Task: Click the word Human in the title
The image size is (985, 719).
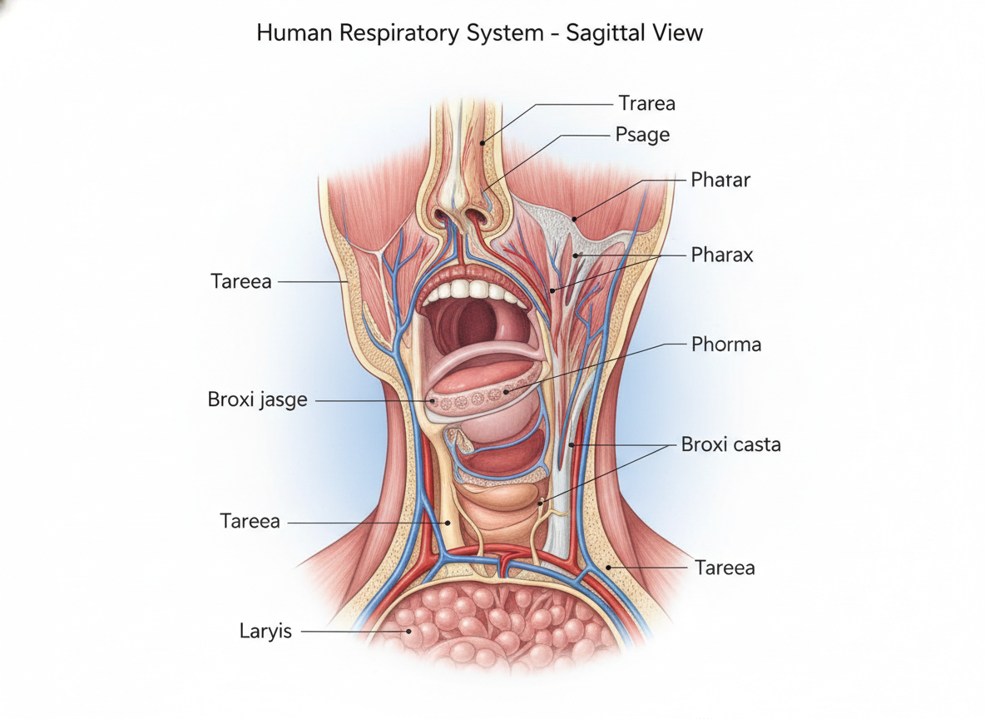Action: (x=294, y=32)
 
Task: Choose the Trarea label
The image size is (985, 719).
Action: (x=646, y=103)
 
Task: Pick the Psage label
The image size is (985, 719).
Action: (x=642, y=135)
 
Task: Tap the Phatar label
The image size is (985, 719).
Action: (x=720, y=180)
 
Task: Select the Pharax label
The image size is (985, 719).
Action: (x=722, y=255)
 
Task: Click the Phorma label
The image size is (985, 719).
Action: (x=726, y=345)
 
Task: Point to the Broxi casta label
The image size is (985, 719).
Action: (x=730, y=444)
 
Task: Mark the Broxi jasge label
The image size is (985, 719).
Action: (x=258, y=400)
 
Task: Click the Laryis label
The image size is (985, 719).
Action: (x=265, y=631)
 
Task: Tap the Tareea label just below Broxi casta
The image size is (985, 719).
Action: (x=725, y=568)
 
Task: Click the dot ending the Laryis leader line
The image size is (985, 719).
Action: (x=409, y=632)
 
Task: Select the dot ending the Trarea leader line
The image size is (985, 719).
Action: (x=483, y=143)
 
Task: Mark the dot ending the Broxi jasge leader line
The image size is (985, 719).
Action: (x=432, y=400)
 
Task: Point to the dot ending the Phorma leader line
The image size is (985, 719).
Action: (x=507, y=392)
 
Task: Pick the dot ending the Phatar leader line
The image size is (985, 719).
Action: (x=575, y=220)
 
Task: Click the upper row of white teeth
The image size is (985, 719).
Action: (x=475, y=289)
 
